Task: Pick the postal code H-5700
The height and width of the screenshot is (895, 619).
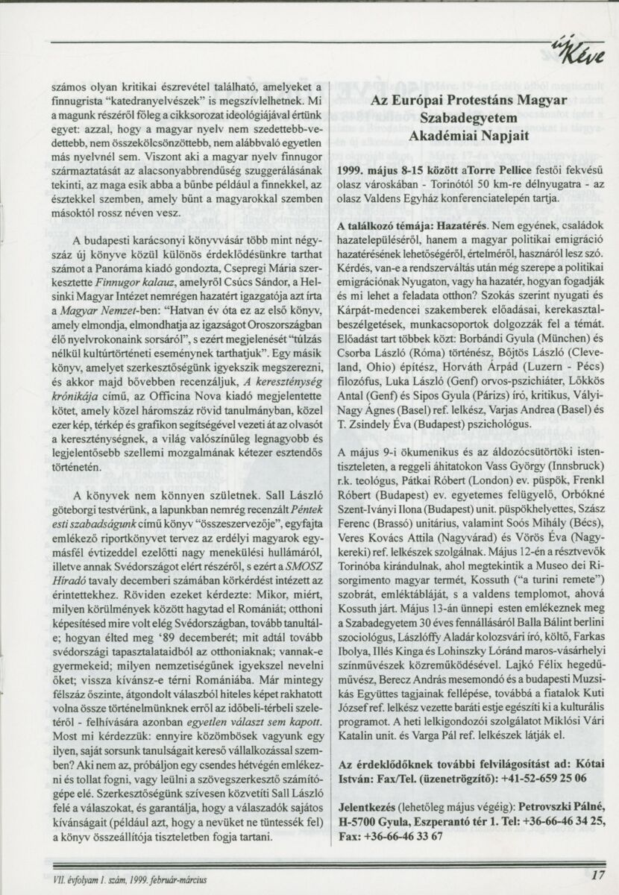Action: pyautogui.click(x=361, y=822)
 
